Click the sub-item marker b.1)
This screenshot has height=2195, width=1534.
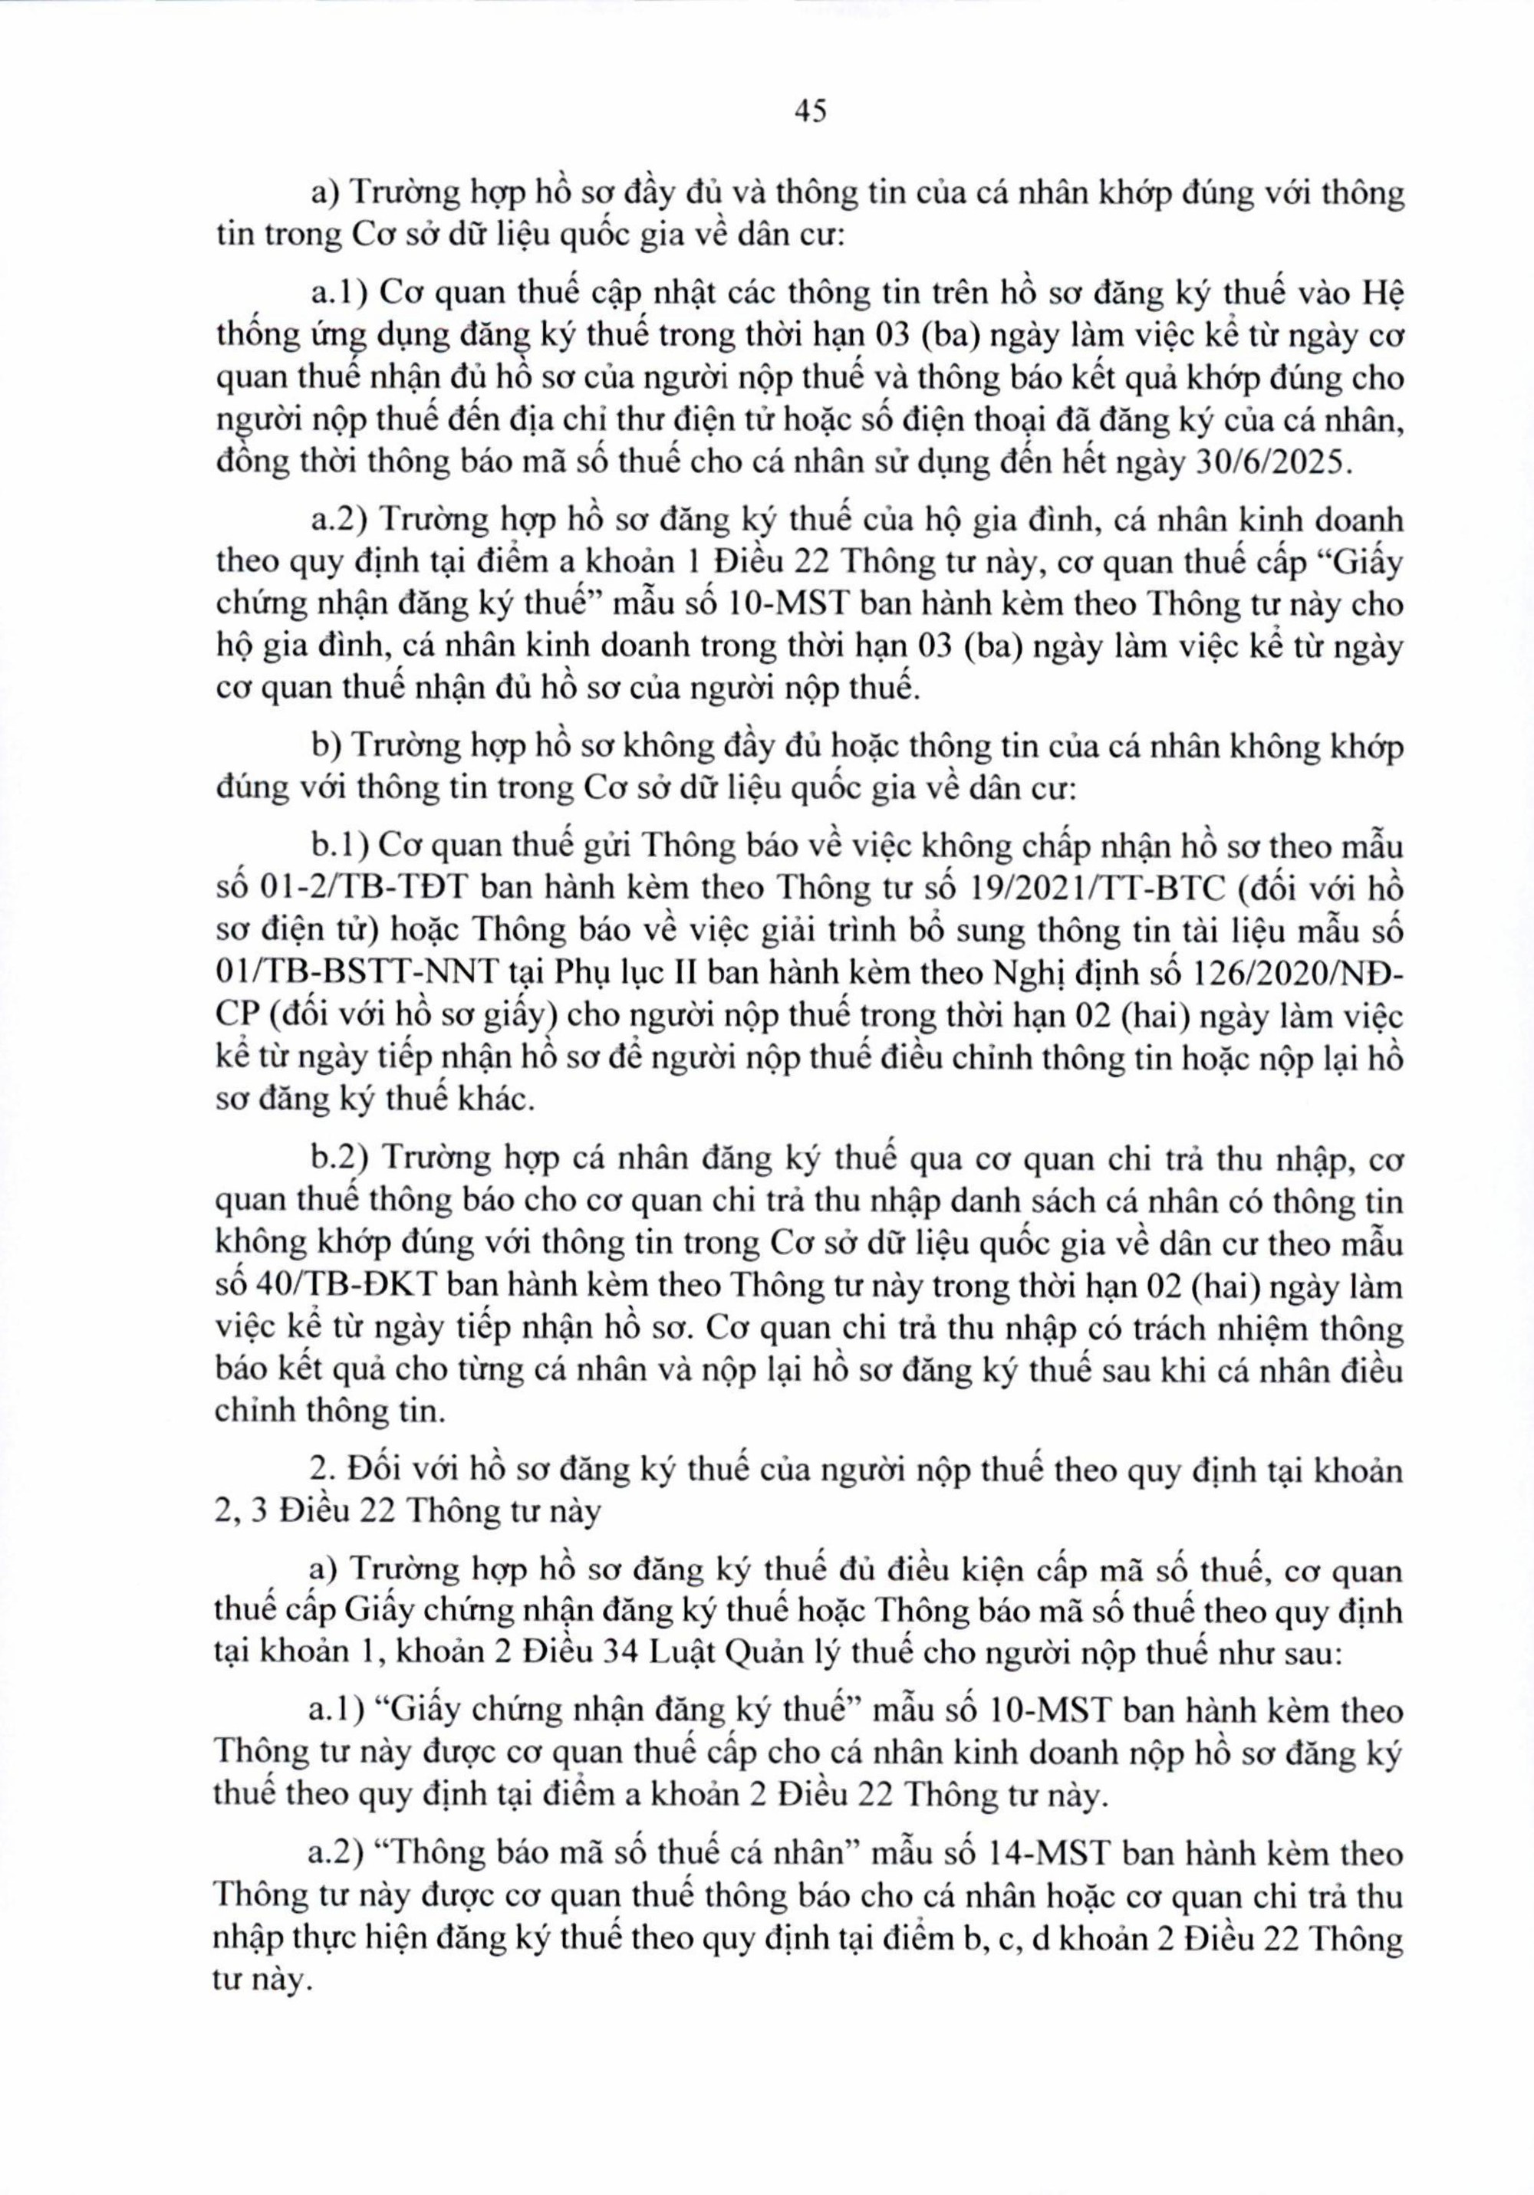341,847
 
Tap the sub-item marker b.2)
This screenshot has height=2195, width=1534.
341,1161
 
